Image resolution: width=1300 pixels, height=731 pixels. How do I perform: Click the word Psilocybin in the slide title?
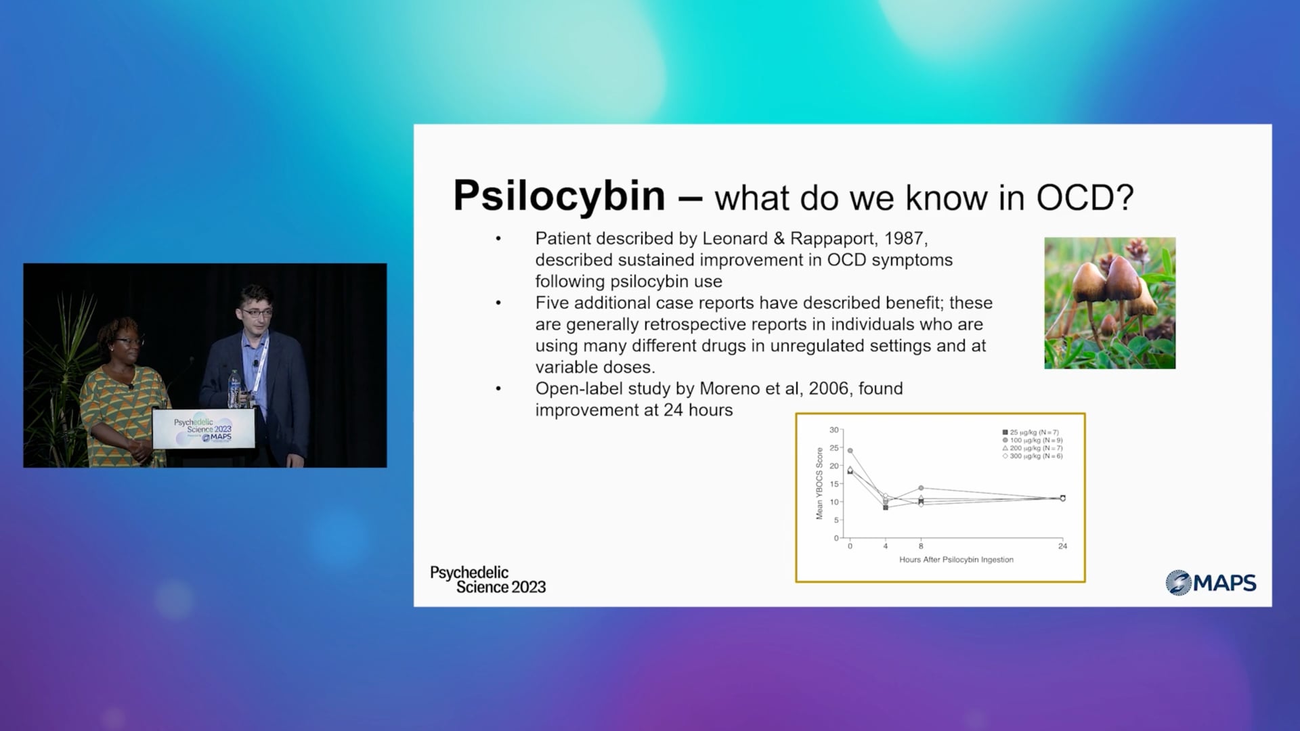point(559,197)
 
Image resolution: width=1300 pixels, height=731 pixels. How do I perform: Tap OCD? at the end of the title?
point(1085,198)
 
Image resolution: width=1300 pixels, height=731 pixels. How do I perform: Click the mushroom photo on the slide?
point(1110,303)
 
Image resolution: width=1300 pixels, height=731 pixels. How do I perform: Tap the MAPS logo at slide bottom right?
point(1211,582)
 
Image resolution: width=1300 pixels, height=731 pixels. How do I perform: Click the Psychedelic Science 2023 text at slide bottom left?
point(488,580)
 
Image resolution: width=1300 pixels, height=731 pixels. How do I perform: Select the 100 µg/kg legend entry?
point(1033,440)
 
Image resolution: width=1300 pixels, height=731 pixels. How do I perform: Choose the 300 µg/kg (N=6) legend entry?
point(1033,456)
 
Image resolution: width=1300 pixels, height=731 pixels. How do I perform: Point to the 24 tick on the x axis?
point(1062,546)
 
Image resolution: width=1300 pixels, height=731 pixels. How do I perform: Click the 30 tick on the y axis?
point(834,430)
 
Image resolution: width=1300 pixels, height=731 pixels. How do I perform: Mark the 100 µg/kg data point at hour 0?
point(850,451)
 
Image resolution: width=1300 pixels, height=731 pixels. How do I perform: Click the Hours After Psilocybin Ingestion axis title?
point(956,560)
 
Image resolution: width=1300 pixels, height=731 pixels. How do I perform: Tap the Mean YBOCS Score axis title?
point(819,483)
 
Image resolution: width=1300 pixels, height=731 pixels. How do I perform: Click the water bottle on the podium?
point(234,389)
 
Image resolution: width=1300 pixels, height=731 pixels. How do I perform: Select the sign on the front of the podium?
point(203,429)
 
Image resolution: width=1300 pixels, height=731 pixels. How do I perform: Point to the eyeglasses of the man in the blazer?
point(257,313)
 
